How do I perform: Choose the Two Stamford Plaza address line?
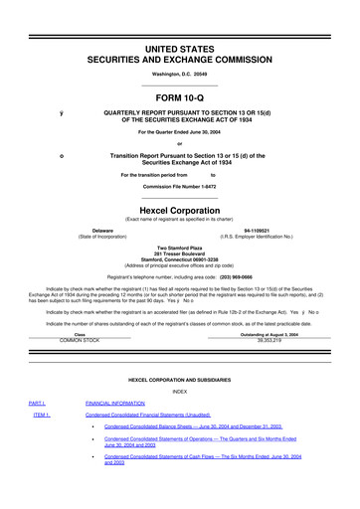(x=180, y=247)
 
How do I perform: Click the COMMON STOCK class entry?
(x=81, y=339)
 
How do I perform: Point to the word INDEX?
(x=180, y=390)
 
